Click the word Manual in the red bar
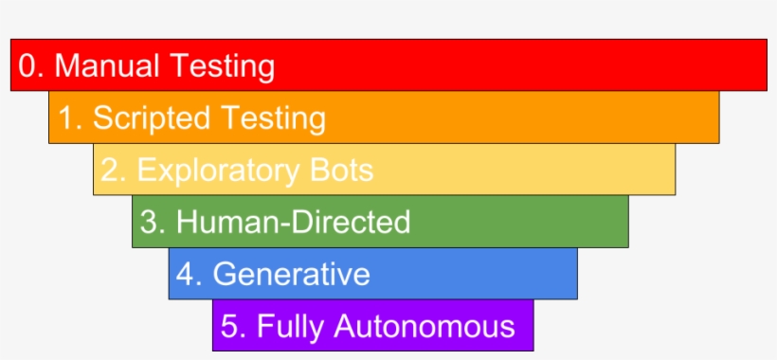tap(107, 66)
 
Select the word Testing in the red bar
tap(223, 66)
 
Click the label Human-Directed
tap(293, 223)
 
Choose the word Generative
tap(291, 275)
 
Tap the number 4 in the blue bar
tap(186, 275)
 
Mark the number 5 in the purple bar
tap(230, 327)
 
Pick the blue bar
tap(474, 275)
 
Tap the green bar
tap(521, 223)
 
